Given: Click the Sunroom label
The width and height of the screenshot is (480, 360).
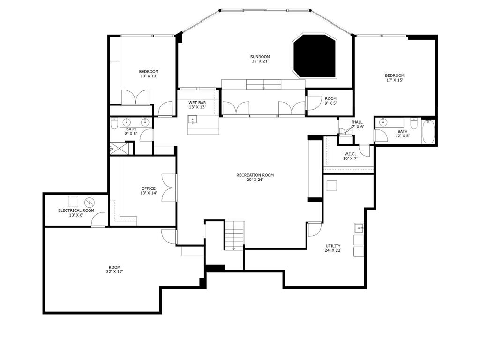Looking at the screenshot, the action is tap(260, 57).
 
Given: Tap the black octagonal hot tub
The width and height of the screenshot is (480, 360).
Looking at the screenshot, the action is tap(315, 56).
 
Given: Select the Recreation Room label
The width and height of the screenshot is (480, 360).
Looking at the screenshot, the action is tap(255, 175).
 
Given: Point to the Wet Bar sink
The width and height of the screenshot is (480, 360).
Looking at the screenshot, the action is tap(192, 120).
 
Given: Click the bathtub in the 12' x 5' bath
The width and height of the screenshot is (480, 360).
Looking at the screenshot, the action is tap(428, 132).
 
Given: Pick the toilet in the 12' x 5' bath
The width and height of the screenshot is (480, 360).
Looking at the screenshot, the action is tap(414, 123).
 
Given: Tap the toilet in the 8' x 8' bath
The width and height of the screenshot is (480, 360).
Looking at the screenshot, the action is tap(114, 123).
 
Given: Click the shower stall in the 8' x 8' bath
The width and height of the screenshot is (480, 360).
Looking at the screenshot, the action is tap(118, 148).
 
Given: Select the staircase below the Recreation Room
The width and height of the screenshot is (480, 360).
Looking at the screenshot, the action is tap(235, 235).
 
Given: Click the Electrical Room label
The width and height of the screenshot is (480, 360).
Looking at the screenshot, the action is tap(76, 210).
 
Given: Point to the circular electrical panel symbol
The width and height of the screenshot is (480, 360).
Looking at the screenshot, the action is tap(90, 202).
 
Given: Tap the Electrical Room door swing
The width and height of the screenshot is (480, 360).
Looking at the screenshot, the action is tap(98, 219).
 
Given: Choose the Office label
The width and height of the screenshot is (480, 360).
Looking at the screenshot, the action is tap(149, 188).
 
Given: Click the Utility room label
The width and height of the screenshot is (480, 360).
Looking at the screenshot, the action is tap(333, 246).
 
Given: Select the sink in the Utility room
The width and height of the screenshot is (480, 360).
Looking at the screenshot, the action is tap(359, 228).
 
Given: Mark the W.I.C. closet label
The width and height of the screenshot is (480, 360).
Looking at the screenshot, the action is tap(350, 154).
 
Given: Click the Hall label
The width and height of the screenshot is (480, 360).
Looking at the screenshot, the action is tap(358, 122).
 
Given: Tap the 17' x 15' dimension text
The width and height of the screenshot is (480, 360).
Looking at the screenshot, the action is tap(395, 80).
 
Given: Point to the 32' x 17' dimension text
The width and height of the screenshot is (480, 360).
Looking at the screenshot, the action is tap(114, 271).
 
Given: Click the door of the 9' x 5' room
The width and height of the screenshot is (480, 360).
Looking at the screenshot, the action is tap(312, 103).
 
